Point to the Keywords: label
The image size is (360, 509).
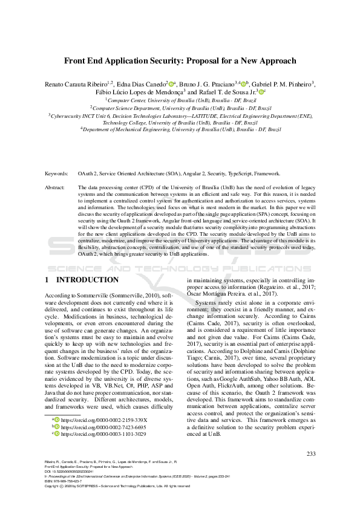click(x=56, y=173)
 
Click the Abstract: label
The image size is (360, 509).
click(x=55, y=188)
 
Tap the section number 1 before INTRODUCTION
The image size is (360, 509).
click(x=47, y=280)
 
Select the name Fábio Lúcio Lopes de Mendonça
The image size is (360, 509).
click(x=139, y=92)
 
